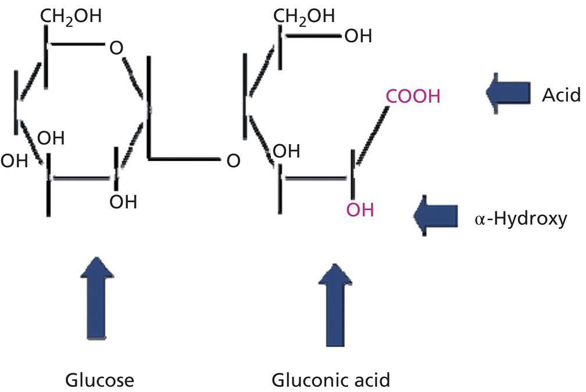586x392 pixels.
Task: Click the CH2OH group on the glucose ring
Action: point(70,16)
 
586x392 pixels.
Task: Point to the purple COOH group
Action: point(412,96)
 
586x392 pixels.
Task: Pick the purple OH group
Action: point(360,209)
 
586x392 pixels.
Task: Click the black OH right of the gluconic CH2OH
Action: point(359,37)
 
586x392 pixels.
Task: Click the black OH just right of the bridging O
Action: point(286,151)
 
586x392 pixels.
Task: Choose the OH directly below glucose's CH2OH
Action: point(51,139)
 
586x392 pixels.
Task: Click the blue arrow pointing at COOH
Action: point(508,92)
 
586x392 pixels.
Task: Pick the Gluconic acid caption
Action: point(331,380)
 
